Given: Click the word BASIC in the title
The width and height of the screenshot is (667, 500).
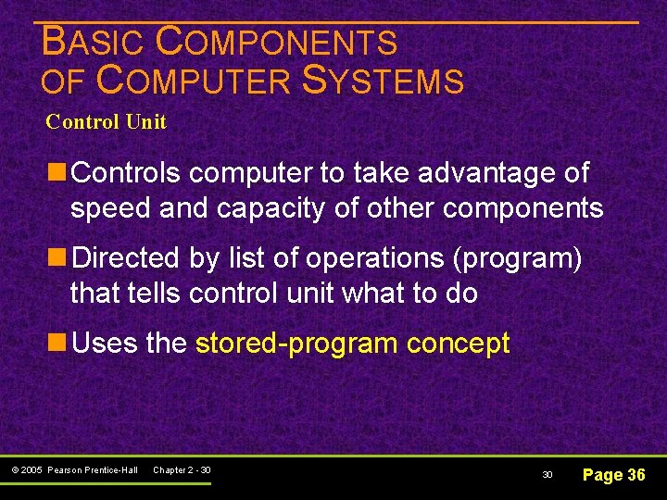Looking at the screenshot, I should (94, 42).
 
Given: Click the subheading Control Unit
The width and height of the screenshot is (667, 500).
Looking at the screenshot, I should (106, 122).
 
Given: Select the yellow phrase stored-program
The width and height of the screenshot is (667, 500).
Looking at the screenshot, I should (297, 344).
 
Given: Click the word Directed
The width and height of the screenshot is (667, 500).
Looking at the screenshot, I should (126, 258).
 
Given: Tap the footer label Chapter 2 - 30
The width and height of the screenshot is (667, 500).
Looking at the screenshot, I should (182, 470).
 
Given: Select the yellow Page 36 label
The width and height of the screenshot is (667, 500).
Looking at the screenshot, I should (613, 475).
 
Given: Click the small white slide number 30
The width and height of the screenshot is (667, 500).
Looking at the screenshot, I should (547, 475).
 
